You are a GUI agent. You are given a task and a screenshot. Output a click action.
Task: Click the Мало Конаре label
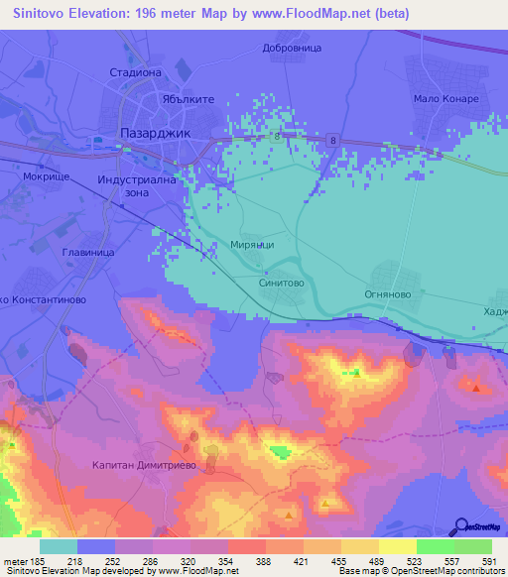pyautogui.click(x=445, y=99)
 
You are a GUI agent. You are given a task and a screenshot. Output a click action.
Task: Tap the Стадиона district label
pyautogui.click(x=135, y=72)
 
